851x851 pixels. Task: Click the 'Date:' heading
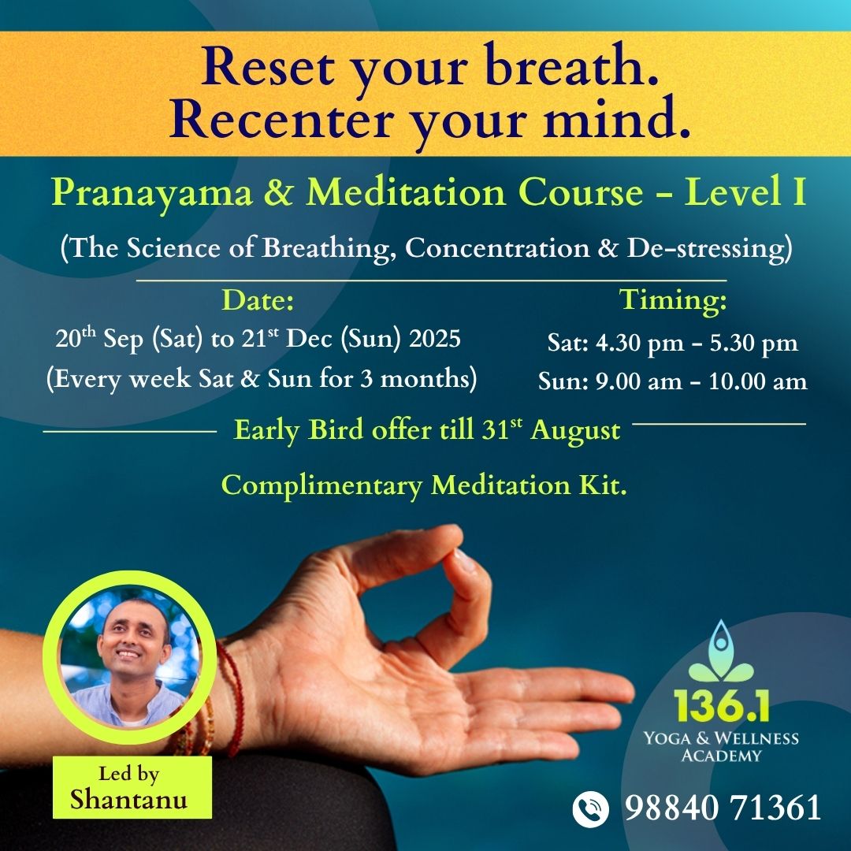pos(258,300)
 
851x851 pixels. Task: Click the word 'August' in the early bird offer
pos(575,430)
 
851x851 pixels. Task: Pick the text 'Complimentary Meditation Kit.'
pos(424,485)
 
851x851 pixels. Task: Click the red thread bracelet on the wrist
pos(232,693)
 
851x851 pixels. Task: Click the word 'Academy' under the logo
pos(723,756)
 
